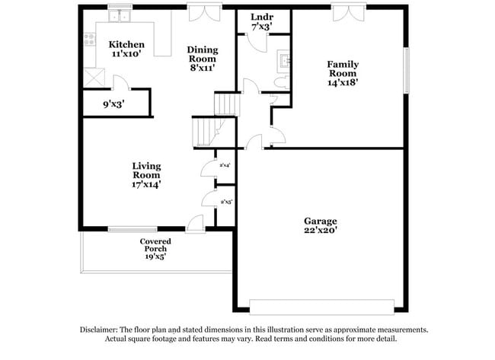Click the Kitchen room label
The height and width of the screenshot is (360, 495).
coord(126,44)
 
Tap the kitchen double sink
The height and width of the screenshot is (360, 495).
coord(119,16)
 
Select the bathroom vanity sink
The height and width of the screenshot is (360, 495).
coord(283,60)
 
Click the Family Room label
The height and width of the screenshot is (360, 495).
coord(342,70)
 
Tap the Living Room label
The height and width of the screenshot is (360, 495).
coord(146,170)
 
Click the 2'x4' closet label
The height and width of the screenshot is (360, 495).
coord(225,165)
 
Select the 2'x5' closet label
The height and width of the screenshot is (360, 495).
coord(225,202)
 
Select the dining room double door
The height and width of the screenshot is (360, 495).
coord(200,12)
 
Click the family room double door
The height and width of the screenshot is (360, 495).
coord(343,12)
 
